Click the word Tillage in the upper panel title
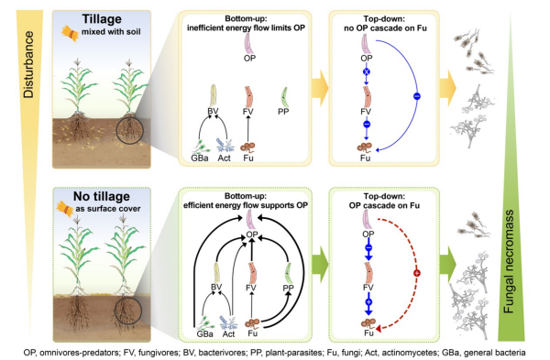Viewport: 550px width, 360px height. coord(102,19)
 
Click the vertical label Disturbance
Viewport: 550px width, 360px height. coord(28,64)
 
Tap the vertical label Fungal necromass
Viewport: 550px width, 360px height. coord(509,261)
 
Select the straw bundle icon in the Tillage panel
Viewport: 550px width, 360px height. coord(70,33)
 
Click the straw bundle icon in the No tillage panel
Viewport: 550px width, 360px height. coord(64,209)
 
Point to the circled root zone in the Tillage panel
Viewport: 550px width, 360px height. coord(130,130)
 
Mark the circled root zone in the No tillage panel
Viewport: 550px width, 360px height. coord(128,311)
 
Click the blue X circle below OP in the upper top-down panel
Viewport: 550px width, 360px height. coord(367,71)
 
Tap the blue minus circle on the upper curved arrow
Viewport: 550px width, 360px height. coord(417,96)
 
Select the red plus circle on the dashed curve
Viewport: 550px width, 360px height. coord(417,273)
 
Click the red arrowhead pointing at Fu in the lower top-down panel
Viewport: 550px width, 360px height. coord(379,329)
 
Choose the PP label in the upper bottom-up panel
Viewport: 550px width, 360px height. coord(283,112)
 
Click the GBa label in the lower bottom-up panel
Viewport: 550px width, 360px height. coord(204,334)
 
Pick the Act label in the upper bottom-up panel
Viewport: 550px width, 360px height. coord(225,158)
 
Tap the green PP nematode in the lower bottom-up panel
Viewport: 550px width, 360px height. coord(288,273)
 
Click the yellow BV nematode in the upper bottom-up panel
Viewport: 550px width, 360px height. coord(213,95)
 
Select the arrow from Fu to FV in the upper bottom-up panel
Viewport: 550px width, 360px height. coord(248,128)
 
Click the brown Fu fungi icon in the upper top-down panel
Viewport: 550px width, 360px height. coord(365,147)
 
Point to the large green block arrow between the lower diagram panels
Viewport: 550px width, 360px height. coord(320,265)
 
